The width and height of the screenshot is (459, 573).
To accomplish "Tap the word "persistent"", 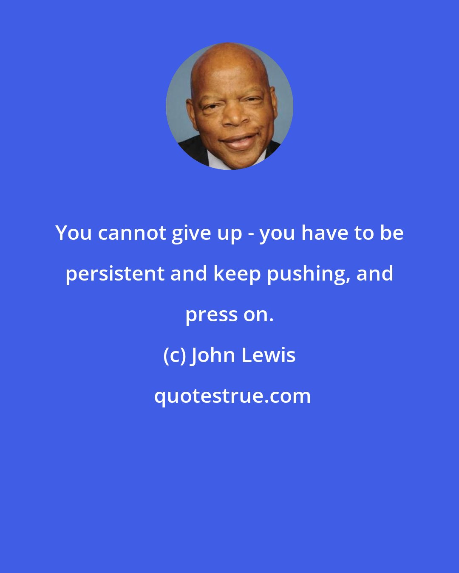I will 115,274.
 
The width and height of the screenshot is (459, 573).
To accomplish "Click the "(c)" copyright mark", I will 174,355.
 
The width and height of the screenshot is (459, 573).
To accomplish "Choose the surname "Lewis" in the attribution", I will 269,355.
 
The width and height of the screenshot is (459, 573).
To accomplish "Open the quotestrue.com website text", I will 232,396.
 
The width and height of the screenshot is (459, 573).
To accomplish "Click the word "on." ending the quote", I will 258,315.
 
